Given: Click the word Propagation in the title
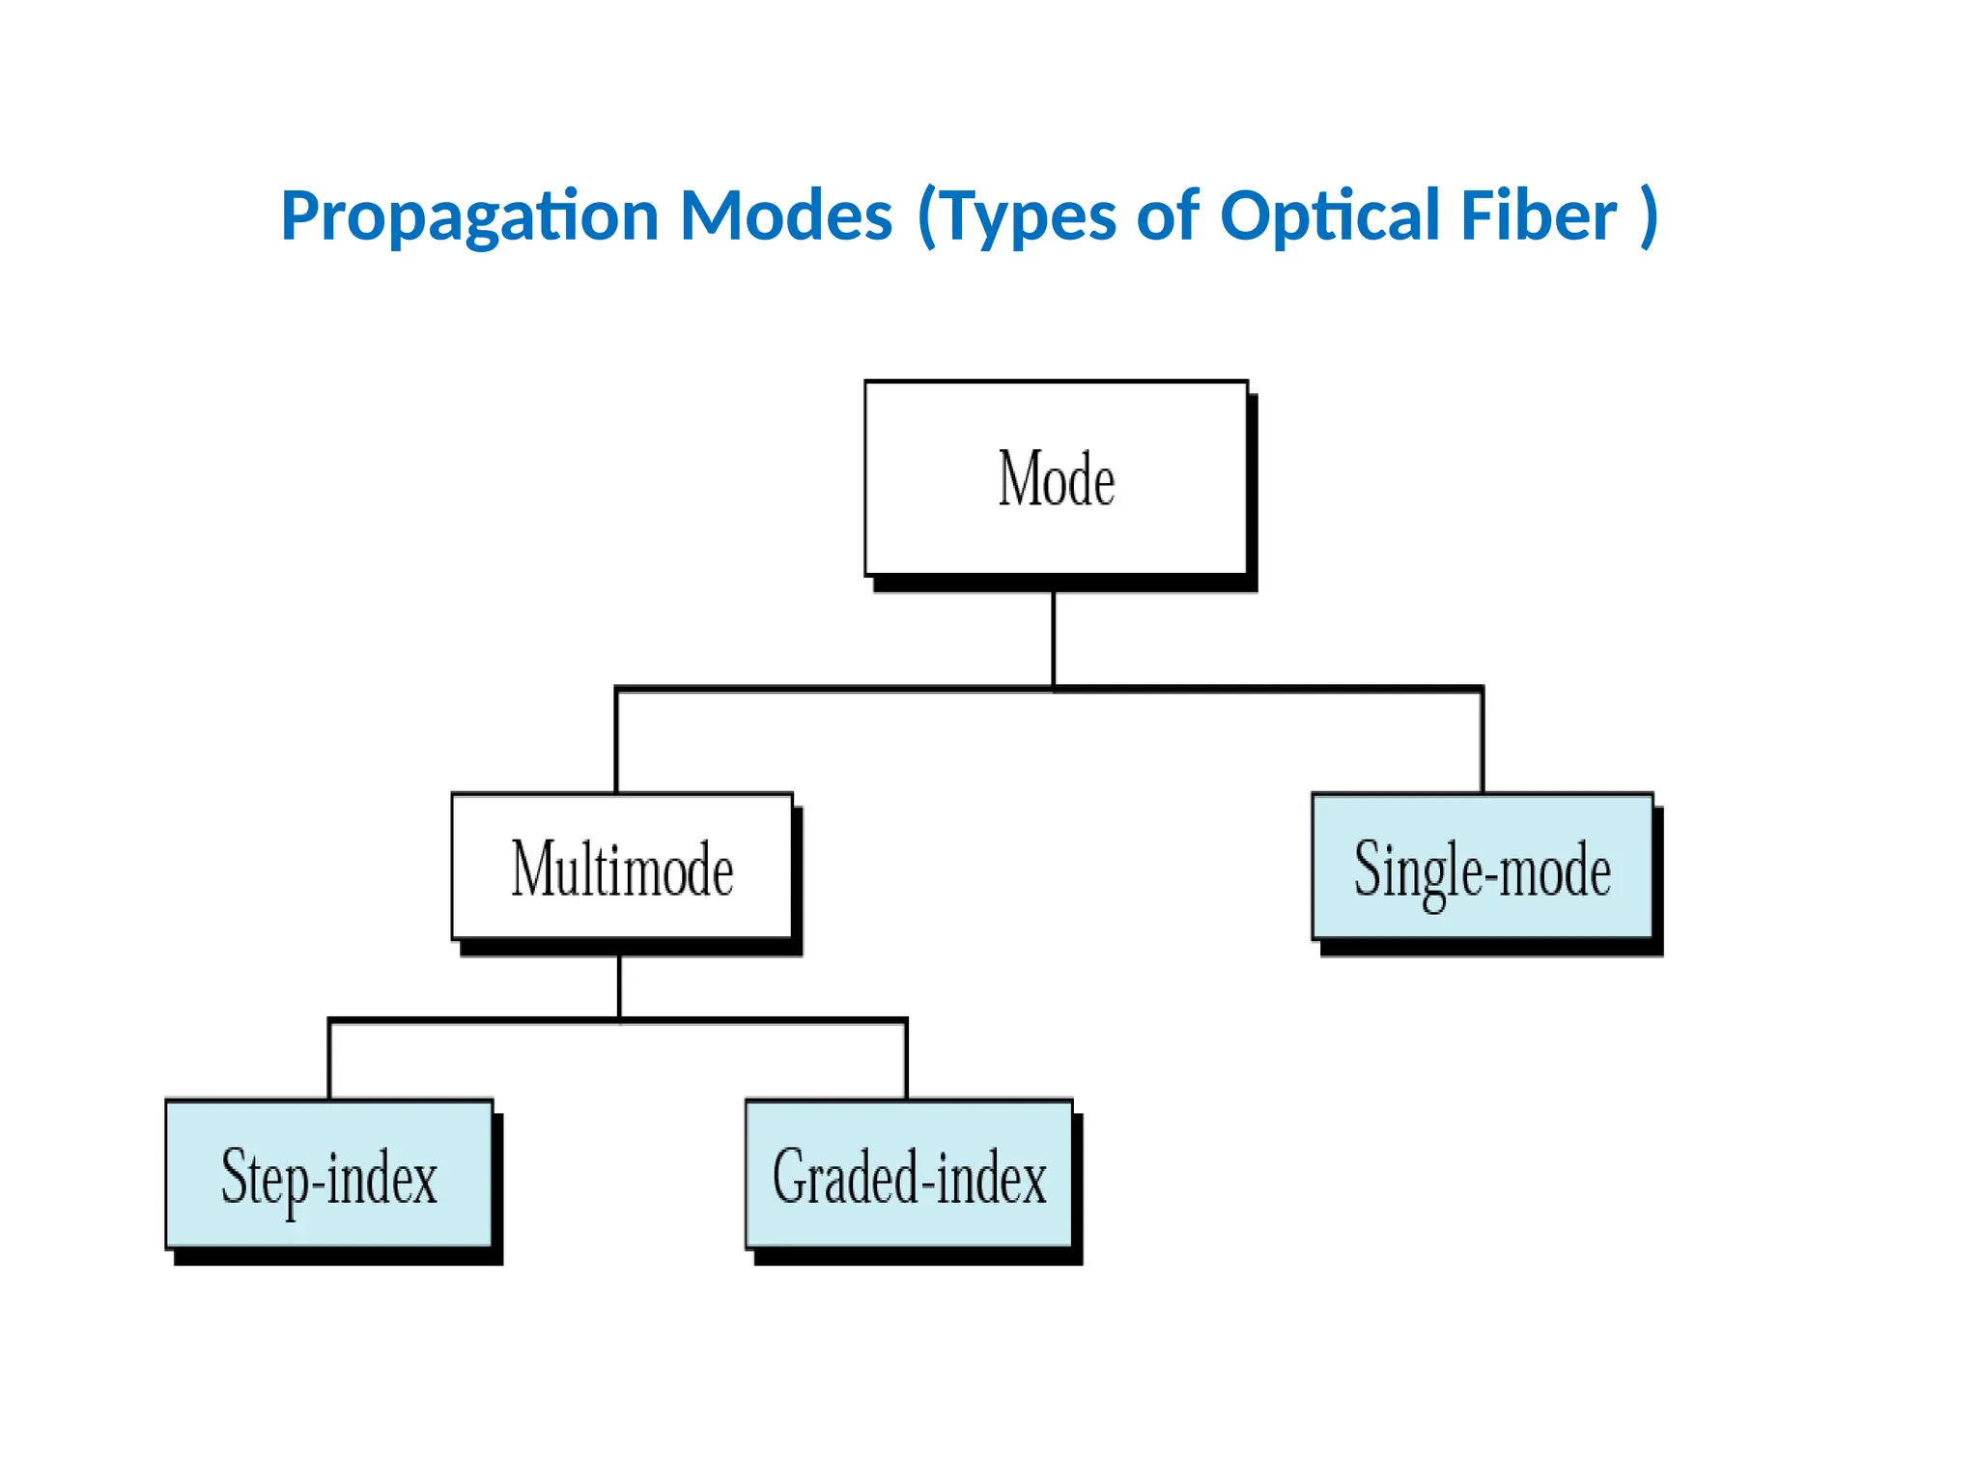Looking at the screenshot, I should click(470, 216).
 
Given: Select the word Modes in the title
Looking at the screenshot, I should click(786, 214).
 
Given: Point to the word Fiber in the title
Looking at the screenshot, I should click(1538, 214).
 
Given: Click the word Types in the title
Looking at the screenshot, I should click(1030, 216).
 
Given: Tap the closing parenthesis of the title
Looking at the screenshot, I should click(1650, 216).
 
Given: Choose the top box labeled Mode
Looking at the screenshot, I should click(1056, 478).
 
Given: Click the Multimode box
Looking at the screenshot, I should click(622, 867).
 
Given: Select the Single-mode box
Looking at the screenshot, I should click(1482, 867).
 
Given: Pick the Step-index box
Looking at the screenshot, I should click(328, 1175).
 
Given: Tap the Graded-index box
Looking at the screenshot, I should click(909, 1175).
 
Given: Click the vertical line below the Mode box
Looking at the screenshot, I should click(1053, 638).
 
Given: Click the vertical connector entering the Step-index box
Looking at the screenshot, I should click(329, 1060).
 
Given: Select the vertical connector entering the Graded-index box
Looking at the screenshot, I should click(906, 1060).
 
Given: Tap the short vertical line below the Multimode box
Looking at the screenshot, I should click(619, 986).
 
